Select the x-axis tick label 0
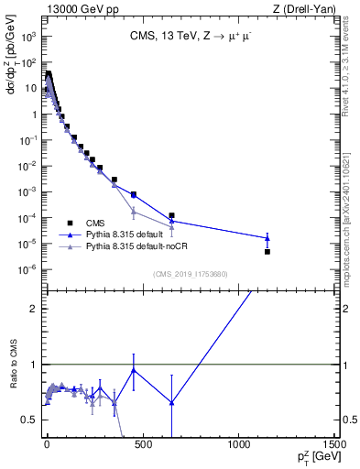coord(47,444)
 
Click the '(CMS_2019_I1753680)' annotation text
coord(190,273)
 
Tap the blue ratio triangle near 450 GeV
coord(134,370)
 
